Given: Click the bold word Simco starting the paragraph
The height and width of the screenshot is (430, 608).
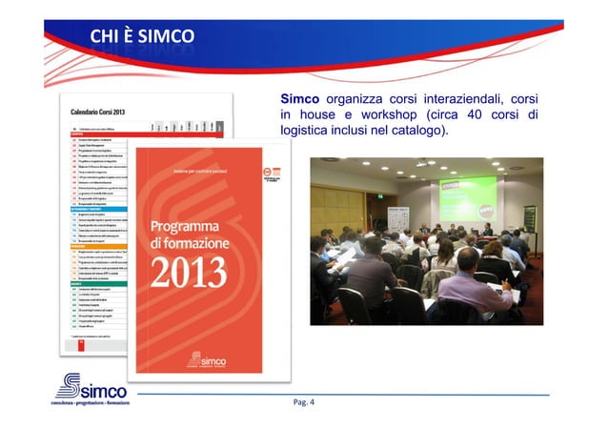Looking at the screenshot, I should [299, 99].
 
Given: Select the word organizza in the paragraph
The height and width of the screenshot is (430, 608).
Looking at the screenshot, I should [352, 99].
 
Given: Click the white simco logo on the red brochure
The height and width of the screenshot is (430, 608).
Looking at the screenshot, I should [206, 359].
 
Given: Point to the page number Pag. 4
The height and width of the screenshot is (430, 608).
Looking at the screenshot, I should [304, 401].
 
